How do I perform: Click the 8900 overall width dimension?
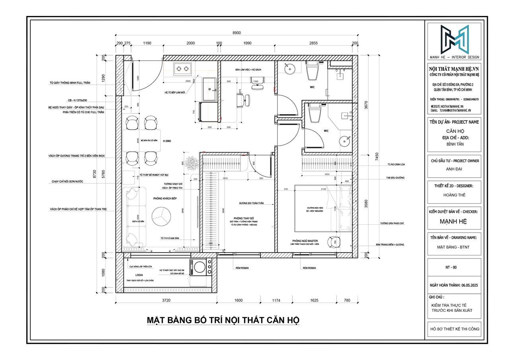tap(237, 33)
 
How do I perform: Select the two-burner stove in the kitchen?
tap(182, 68)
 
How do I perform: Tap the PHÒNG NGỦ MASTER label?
tap(305, 241)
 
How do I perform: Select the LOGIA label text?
tap(138, 275)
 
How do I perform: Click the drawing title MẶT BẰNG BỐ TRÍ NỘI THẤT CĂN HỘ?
tap(222, 320)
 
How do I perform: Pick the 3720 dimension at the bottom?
tap(166, 301)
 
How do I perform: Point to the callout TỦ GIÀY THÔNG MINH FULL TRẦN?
tap(71, 82)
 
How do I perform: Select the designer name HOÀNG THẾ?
tap(454, 195)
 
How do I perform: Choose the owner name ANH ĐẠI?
tap(454, 169)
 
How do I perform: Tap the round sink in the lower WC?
tap(345, 141)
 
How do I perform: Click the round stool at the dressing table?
tap(332, 241)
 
